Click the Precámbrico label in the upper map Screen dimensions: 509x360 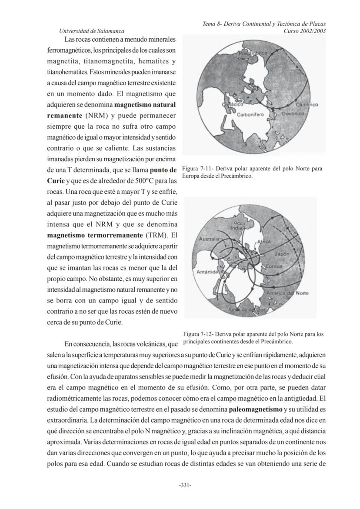click(253, 53)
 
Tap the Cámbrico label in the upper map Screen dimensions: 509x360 click(307, 105)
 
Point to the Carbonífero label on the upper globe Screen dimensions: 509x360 click(248, 114)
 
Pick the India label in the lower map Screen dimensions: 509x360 click(236, 227)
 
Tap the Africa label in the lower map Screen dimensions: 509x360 click(264, 241)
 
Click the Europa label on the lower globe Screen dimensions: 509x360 click(274, 266)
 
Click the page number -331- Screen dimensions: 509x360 click(186, 485)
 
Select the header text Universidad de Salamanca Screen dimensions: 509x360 click(91, 31)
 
